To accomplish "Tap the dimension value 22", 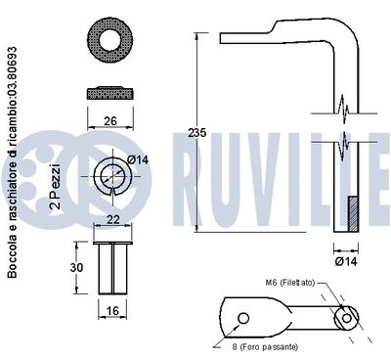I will (x=114, y=218).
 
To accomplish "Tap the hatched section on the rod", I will (x=354, y=208).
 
